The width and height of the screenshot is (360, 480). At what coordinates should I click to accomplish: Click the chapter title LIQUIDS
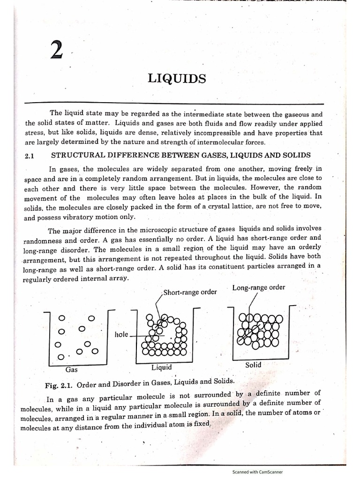click(177, 79)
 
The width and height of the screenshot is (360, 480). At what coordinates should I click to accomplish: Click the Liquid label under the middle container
click(162, 367)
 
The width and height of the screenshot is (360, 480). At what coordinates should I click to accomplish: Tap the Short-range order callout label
click(191, 292)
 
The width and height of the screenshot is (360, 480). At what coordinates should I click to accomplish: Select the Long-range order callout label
click(258, 287)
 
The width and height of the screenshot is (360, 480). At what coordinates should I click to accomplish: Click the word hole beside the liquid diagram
click(121, 335)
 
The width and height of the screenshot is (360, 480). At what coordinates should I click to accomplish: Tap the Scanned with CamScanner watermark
click(257, 472)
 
